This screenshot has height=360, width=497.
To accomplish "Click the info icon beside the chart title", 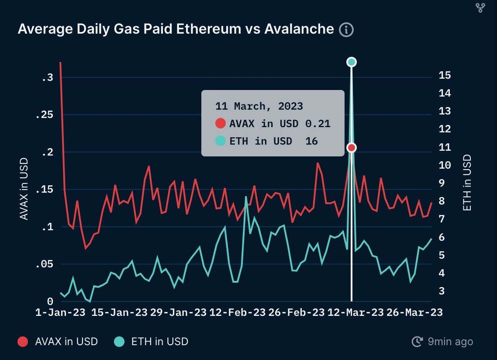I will click(346, 30).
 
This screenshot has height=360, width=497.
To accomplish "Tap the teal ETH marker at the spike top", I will click(352, 62).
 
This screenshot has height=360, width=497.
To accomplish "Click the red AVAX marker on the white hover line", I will click(352, 148).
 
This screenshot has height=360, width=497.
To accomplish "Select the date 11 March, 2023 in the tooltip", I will click(259, 106).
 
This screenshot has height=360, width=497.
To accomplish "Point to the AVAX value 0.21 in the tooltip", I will click(318, 124).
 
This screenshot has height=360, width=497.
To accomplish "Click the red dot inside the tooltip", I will click(221, 124).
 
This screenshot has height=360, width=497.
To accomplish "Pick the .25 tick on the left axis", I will click(47, 115).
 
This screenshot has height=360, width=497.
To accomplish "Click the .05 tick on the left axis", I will click(47, 264).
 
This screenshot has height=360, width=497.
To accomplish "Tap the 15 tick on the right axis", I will click(444, 76).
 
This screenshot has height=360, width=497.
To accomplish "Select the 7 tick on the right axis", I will click(442, 218).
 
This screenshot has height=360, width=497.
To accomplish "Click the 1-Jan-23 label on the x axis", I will click(61, 313).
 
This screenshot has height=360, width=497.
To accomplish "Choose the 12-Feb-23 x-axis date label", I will click(238, 313).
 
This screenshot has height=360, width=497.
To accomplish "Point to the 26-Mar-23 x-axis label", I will click(414, 313).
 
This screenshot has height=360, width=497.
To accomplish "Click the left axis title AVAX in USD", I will click(24, 189).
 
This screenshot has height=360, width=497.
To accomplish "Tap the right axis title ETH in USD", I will click(467, 183).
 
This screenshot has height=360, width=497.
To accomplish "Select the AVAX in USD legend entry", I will click(66, 342).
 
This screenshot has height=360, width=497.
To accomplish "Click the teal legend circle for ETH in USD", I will click(120, 342).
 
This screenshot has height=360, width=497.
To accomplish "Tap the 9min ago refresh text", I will click(450, 342).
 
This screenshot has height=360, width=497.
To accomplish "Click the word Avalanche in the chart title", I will click(299, 29).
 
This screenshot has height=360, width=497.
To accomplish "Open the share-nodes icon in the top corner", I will click(480, 7).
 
